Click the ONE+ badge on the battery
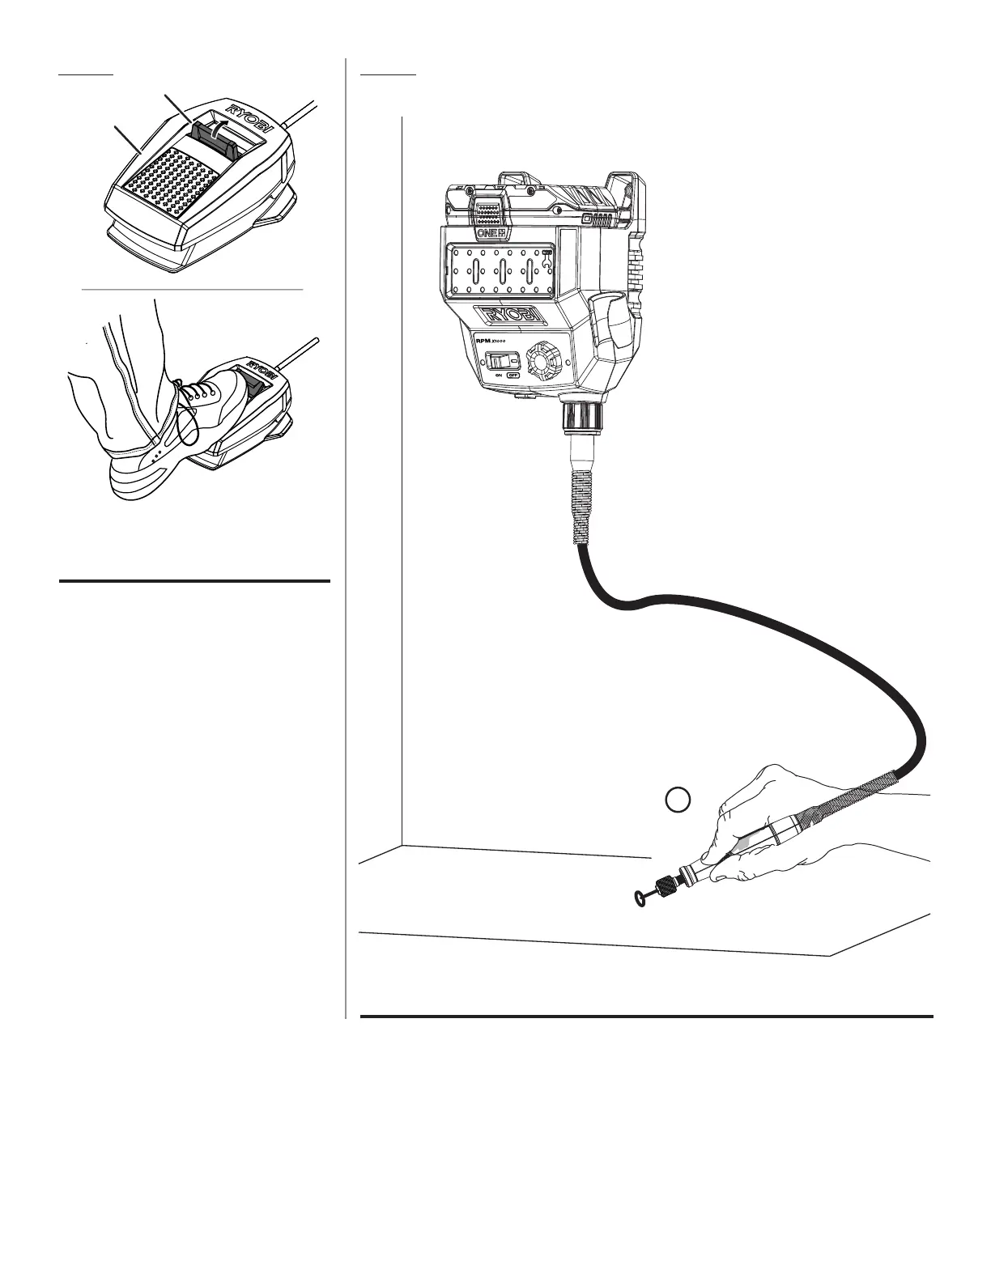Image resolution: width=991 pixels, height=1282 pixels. (x=490, y=232)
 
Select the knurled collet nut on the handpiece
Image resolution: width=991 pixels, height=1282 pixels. (x=666, y=886)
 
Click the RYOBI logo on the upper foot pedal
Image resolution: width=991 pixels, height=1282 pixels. (x=250, y=117)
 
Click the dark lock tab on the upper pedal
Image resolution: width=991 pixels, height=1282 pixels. (x=214, y=135)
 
